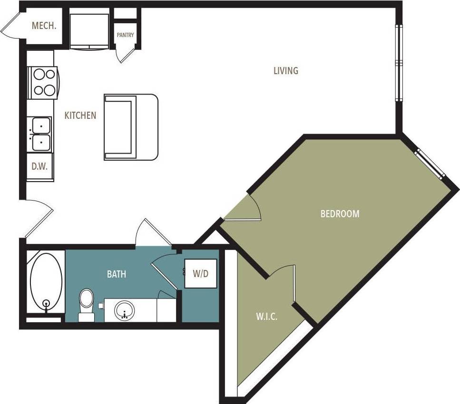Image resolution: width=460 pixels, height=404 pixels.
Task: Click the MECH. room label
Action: (44, 26)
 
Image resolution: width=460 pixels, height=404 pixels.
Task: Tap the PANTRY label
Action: (126, 35)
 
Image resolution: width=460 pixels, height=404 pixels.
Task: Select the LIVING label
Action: (286, 71)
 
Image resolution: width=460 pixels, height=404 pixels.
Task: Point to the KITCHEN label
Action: (80, 115)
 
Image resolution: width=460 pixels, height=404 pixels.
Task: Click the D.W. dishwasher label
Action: (39, 167)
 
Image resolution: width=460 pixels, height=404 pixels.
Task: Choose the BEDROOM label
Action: (340, 214)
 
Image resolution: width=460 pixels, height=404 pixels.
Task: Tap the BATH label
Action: (116, 274)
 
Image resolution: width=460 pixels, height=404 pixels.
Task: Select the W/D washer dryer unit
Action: (201, 274)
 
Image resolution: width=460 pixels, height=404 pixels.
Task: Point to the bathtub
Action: (46, 281)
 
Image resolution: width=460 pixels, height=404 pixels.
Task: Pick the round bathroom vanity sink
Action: (125, 311)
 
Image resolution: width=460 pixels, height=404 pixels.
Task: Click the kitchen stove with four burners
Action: (43, 82)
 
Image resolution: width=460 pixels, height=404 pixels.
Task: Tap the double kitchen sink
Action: (39, 134)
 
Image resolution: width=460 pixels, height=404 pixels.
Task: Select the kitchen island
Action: (131, 127)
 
